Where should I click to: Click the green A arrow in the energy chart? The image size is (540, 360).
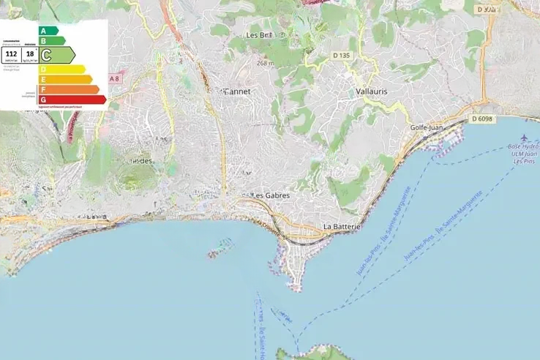point(48,31)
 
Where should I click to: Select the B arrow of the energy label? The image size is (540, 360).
point(52,41)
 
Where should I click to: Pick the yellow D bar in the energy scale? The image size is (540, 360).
point(63,70)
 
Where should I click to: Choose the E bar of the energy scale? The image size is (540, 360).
point(66,79)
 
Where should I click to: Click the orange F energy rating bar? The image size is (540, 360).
point(70,89)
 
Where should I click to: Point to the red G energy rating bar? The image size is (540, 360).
point(73,100)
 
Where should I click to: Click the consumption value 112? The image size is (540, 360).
point(11,53)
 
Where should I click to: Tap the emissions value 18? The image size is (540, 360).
point(30,53)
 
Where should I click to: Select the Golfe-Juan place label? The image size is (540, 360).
point(429,128)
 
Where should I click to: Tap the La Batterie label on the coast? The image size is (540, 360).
point(342,228)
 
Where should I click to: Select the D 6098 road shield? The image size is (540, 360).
point(482,119)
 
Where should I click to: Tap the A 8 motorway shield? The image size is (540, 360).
point(114,78)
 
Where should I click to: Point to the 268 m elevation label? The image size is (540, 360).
point(265,64)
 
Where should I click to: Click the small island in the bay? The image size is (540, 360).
point(218,252)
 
